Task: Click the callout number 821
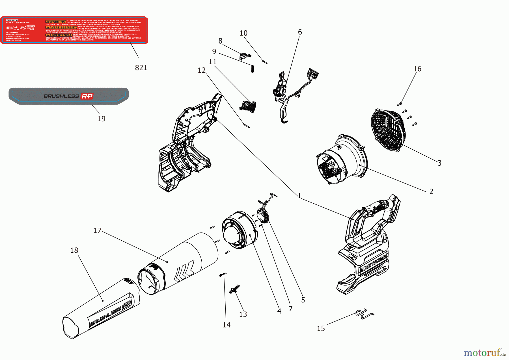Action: (141, 68)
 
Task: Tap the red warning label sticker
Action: (74, 30)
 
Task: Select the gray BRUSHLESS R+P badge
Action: (68, 96)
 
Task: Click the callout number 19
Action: (101, 119)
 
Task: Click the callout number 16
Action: (417, 69)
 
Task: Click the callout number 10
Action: (243, 33)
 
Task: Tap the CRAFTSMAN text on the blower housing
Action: (374, 263)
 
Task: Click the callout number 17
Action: (97, 230)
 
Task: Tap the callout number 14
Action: (226, 325)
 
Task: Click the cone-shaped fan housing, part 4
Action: (239, 230)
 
